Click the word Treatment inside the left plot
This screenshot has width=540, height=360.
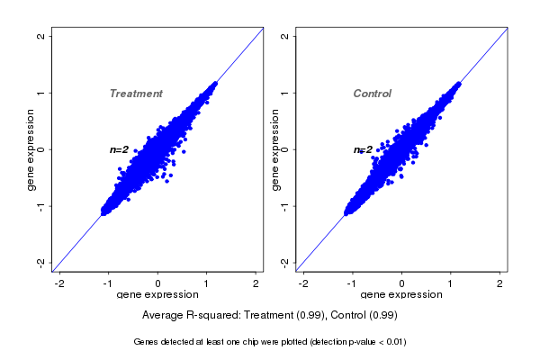point(136,94)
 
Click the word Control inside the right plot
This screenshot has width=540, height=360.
point(372,94)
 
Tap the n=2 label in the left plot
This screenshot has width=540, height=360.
point(120,149)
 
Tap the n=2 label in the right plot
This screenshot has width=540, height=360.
point(363,149)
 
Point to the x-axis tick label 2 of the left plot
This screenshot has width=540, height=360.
point(256,284)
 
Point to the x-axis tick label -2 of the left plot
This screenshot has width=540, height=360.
point(59,284)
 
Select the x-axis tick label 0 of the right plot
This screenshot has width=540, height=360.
point(402,284)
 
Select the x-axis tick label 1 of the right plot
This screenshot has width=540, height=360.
point(452,284)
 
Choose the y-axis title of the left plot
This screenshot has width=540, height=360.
point(31,149)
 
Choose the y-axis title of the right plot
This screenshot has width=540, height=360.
point(274,149)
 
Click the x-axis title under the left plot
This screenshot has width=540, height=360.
point(157,295)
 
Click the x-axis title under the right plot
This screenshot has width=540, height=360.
point(400,295)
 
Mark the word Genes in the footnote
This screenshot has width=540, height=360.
point(147,342)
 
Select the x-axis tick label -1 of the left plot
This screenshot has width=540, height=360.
point(108,284)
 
